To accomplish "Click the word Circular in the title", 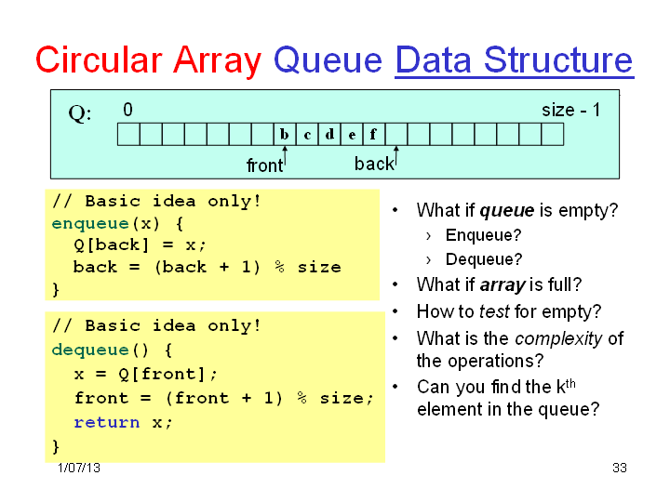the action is coord(99,60).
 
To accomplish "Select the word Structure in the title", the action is coord(558,60).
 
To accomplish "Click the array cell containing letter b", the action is coord(285,135).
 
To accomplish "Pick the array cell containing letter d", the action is coord(329,135).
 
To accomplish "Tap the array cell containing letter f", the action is coord(374,135).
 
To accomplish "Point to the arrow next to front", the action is coord(285,157).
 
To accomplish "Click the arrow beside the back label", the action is coord(396,156).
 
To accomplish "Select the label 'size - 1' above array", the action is coord(570,110).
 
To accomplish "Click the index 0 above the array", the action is coord(127,110).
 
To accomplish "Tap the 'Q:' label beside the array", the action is coord(80,113).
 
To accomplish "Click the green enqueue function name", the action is coord(90,224).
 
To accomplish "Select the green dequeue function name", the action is coord(90,350).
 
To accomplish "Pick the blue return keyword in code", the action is coord(107,423).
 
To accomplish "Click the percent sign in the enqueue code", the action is coord(279,267).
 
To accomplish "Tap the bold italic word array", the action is coord(502,285).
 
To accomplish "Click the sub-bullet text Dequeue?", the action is coord(484,259).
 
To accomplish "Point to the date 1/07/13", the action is coord(79,468).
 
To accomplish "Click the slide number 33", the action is coord(619,468).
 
